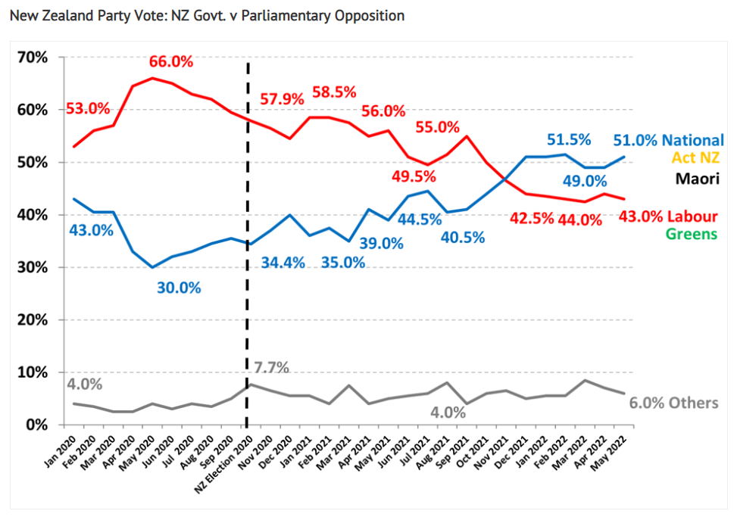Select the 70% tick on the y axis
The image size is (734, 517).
click(34, 58)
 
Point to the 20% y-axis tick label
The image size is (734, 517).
click(34, 320)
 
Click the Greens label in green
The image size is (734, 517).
click(691, 233)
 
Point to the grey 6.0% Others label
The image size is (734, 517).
click(673, 403)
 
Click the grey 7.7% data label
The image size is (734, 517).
click(272, 368)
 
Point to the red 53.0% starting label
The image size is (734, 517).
click(87, 108)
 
